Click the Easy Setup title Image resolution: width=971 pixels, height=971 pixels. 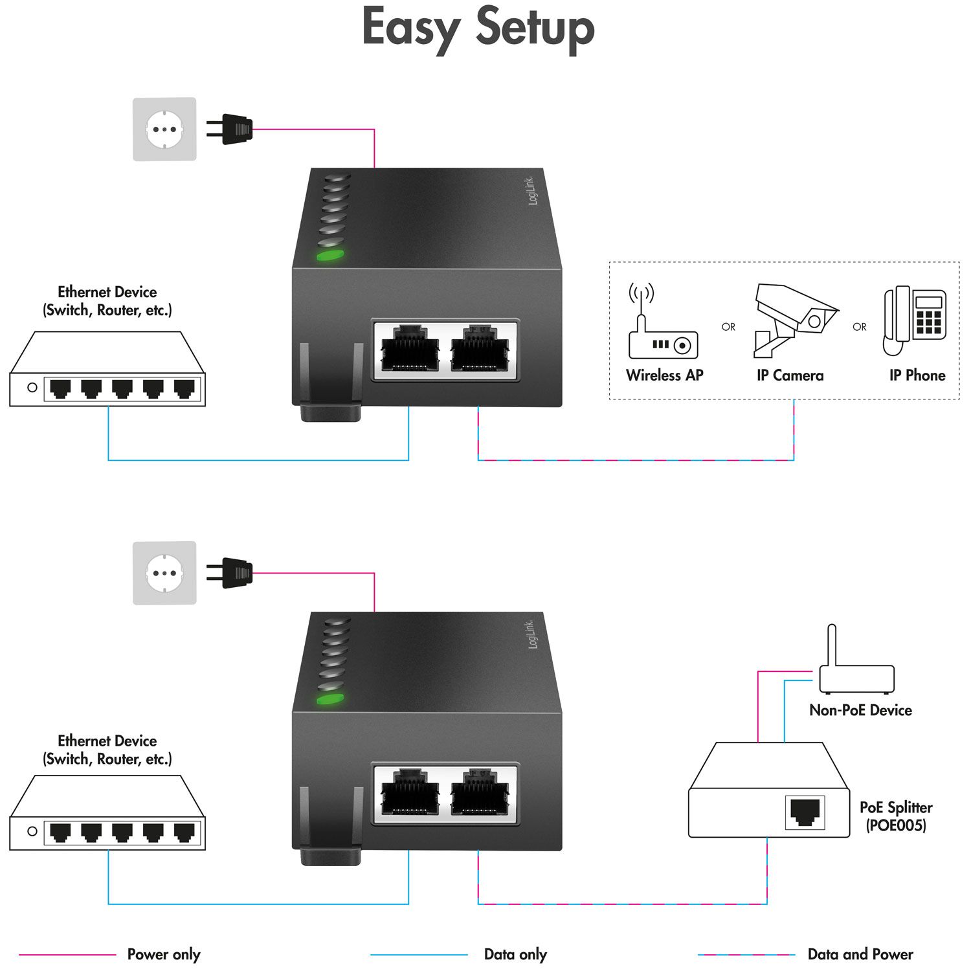tap(478, 28)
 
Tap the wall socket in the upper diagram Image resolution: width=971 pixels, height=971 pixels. tap(164, 129)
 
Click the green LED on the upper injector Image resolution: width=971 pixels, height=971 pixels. tap(329, 255)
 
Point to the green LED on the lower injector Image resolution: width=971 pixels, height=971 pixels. tap(329, 699)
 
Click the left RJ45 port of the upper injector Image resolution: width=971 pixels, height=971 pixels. tap(410, 350)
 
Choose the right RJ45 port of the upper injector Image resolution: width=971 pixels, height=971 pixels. tap(480, 350)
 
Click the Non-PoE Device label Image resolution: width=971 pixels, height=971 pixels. tap(860, 710)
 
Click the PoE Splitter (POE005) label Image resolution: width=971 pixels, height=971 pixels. tap(896, 816)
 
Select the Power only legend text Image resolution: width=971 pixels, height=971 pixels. tap(164, 954)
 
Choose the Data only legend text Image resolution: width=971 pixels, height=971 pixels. tap(515, 954)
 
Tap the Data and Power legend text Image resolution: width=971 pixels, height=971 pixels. tap(860, 954)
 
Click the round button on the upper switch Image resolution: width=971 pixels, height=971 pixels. tap(32, 388)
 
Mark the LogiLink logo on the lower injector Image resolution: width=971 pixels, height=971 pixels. tap(531, 634)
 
